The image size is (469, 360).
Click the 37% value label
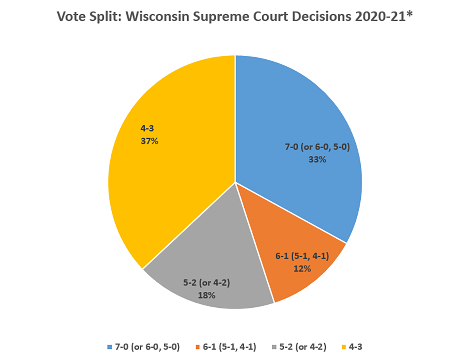click(149, 141)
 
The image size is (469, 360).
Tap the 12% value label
click(301, 269)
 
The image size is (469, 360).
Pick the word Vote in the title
click(71, 17)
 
